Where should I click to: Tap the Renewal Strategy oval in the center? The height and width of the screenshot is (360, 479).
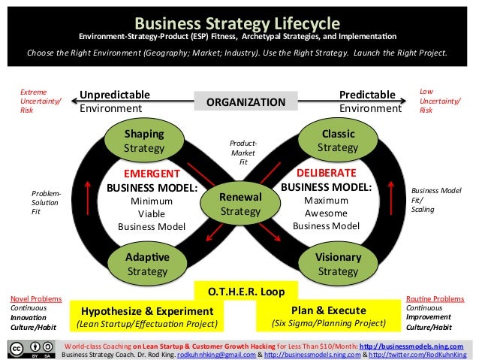coord(239,204)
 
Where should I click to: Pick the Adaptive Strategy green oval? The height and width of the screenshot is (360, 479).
coord(147,264)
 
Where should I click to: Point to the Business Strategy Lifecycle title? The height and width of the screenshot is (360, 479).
coord(239,23)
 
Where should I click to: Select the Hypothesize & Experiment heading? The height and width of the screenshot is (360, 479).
coord(146,310)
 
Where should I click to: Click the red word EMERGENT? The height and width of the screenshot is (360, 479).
coord(151,174)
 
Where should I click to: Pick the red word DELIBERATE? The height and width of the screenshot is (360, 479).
coord(327,174)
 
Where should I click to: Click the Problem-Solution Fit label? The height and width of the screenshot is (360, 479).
coord(46,203)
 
